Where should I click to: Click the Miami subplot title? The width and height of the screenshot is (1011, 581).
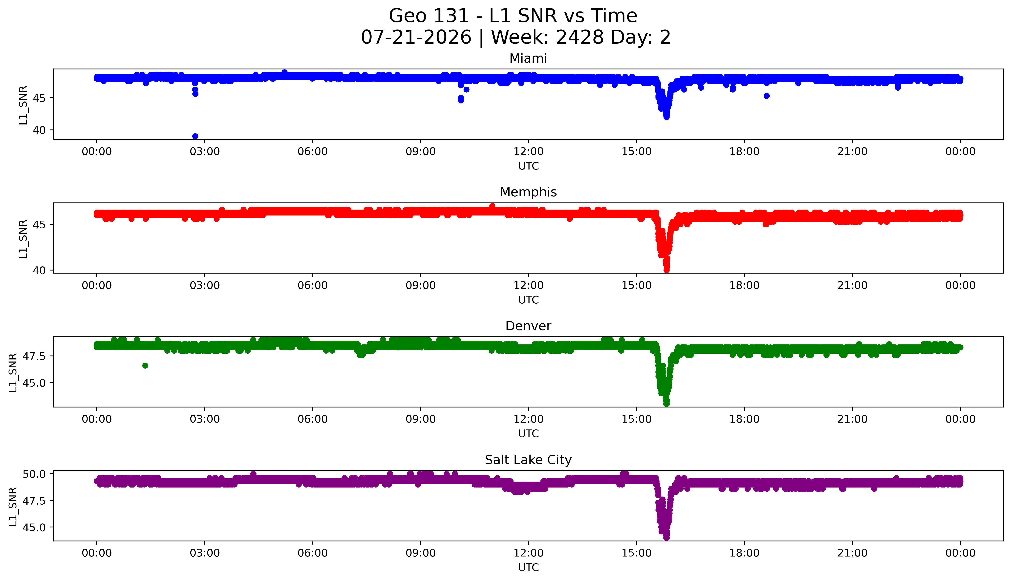[528, 59]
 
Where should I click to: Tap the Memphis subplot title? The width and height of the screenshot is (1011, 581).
[528, 192]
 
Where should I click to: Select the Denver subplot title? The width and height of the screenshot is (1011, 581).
[528, 326]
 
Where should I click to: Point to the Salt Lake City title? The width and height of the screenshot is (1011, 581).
[528, 460]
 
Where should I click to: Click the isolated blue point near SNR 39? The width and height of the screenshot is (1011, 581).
[195, 136]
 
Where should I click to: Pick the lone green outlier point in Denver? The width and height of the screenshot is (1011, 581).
[145, 365]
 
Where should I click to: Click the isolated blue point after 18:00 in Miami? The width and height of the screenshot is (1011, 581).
[766, 96]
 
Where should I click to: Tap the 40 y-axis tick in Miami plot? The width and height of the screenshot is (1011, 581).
[39, 130]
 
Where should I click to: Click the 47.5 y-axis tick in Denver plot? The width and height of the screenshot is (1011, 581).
[34, 356]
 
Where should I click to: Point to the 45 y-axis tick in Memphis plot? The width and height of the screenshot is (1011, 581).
[39, 225]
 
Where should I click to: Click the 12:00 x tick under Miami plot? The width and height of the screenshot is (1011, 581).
[529, 152]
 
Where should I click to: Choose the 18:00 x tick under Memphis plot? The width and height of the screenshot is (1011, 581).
[745, 285]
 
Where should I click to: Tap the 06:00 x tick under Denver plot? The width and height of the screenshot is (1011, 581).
[313, 419]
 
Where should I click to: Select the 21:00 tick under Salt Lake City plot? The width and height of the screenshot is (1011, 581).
[852, 553]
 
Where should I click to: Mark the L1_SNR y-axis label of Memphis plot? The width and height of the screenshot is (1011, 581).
[23, 239]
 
